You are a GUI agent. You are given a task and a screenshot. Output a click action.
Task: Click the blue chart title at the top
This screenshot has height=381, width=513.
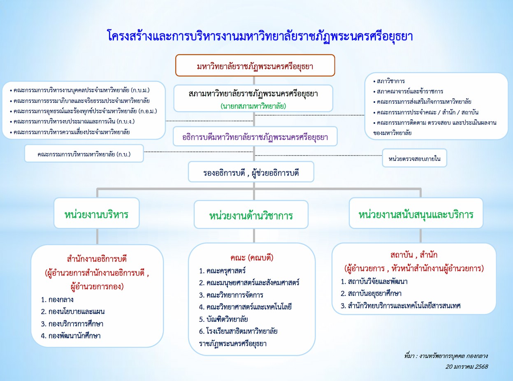click(x=260, y=36)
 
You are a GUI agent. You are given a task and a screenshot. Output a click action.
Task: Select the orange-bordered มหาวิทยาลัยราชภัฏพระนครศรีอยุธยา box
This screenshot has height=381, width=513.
click(x=255, y=65)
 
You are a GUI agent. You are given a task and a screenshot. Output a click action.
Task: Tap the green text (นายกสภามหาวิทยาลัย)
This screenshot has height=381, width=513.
click(x=253, y=106)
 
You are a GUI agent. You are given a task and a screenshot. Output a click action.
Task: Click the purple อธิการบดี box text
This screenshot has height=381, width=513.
click(x=255, y=137)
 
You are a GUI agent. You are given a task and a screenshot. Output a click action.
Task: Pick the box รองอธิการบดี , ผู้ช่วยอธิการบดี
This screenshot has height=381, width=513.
click(x=251, y=172)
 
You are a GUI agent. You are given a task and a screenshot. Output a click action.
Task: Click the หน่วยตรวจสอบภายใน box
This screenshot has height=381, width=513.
click(x=414, y=158)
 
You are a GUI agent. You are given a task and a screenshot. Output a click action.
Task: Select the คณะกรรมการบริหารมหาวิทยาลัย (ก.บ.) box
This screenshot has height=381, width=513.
click(x=84, y=154)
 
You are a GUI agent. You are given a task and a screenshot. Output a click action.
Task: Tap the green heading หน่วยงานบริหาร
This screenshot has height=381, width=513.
click(x=96, y=214)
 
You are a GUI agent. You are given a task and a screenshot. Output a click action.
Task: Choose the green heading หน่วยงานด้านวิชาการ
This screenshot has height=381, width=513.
click(x=251, y=216)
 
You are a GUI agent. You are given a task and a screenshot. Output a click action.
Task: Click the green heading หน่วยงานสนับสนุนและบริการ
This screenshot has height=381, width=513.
click(x=416, y=214)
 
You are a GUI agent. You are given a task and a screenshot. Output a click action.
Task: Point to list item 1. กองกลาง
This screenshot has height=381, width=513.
click(x=57, y=300)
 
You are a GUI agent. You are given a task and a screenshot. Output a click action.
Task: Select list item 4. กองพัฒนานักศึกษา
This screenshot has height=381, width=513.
click(x=70, y=336)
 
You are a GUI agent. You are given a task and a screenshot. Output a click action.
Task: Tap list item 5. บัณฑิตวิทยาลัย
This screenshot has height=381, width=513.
click(x=223, y=319)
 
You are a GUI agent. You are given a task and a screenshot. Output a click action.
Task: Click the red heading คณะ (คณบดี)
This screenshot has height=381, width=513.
click(x=252, y=258)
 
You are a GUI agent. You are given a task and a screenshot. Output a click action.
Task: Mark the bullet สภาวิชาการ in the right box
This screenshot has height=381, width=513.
click(x=389, y=81)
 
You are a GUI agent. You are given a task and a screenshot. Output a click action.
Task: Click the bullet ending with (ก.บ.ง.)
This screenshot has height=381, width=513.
click(x=72, y=121)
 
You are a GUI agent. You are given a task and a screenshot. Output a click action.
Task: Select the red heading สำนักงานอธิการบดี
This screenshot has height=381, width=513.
click(x=97, y=259)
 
